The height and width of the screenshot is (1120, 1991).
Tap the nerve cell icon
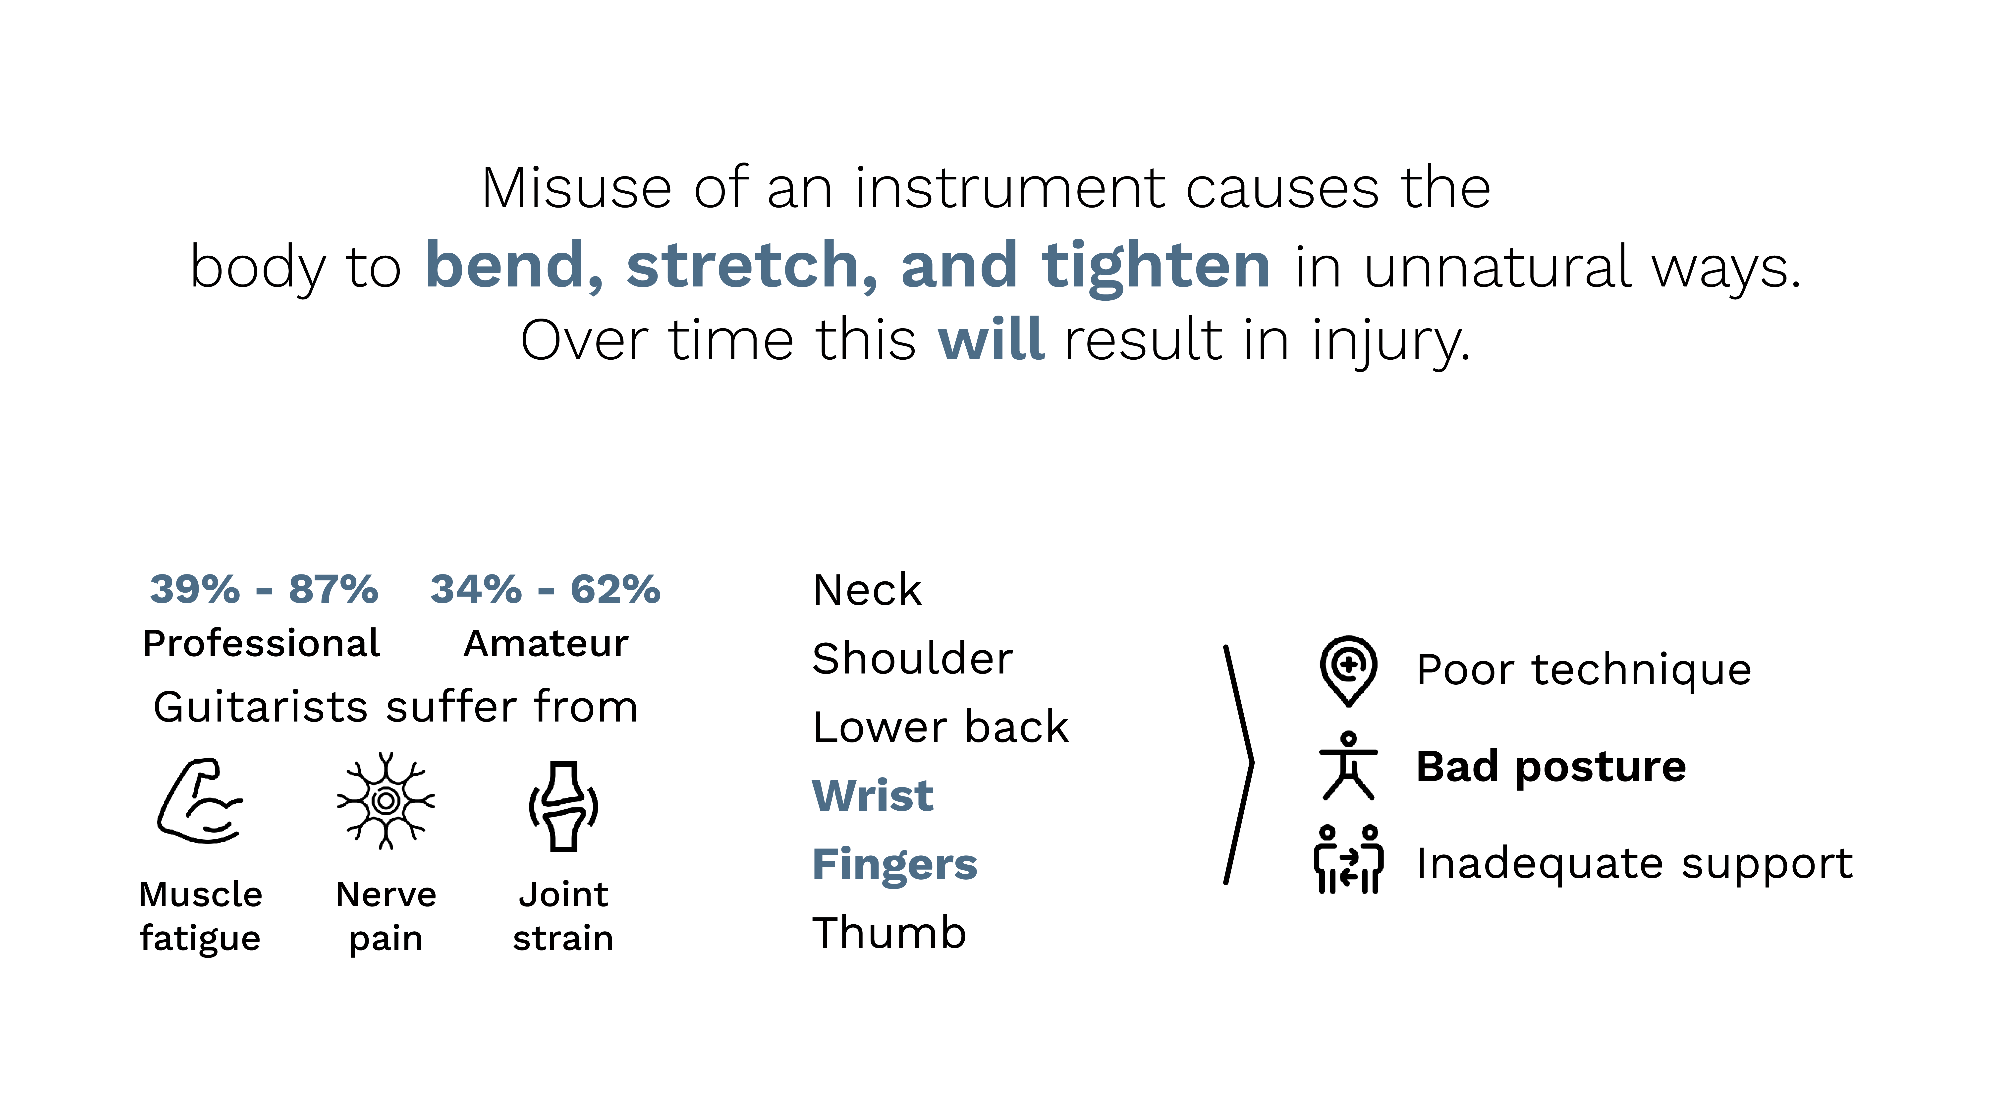point(386,801)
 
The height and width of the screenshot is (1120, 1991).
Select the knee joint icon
point(563,806)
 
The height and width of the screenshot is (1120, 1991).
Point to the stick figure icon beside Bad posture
point(1348,765)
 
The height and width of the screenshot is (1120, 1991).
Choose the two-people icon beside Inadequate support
point(1348,859)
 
